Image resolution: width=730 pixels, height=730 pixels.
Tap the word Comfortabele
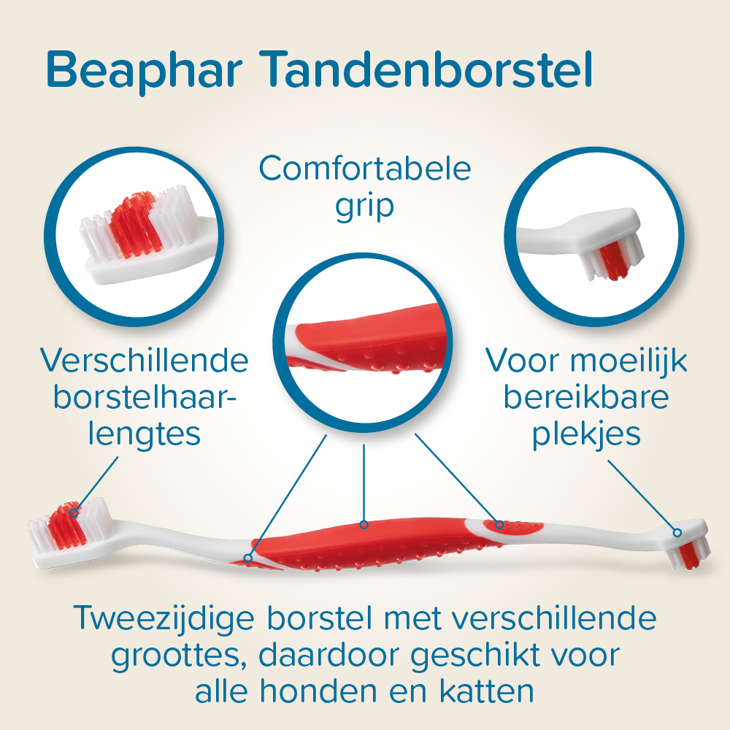pyautogui.click(x=364, y=170)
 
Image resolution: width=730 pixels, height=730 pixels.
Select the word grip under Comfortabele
pyautogui.click(x=364, y=207)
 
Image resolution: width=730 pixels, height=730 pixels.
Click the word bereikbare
pyautogui.click(x=586, y=398)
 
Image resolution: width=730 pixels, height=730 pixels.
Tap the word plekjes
pyautogui.click(x=586, y=435)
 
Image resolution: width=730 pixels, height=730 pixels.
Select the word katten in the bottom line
pyautogui.click(x=488, y=691)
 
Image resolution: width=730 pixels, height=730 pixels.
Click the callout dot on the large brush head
pyautogui.click(x=73, y=512)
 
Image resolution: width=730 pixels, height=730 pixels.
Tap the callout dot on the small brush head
pyautogui.click(x=677, y=532)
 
